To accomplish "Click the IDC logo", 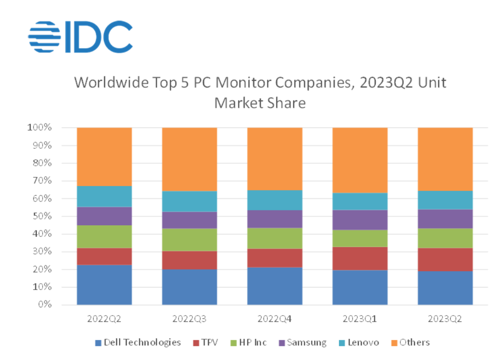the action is (80, 37).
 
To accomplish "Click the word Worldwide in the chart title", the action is (111, 82).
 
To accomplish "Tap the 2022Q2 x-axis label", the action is (104, 319).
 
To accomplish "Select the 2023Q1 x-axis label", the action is (360, 319).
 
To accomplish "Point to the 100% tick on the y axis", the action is (39, 128).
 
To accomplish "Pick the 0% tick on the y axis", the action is (44, 304).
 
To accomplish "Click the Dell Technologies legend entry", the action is (138, 343).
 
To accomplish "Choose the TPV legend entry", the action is (206, 343).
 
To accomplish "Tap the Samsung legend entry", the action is (303, 343).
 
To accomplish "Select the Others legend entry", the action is (411, 343).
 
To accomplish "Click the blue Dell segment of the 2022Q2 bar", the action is (104, 285).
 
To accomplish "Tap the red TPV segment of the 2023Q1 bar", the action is (360, 259).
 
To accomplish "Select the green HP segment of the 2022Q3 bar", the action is (190, 240).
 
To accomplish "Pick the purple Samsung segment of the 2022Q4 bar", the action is (275, 219).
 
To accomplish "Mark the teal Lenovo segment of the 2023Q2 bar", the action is (445, 200).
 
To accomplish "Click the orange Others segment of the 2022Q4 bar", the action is (275, 159).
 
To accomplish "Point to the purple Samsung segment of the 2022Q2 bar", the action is (104, 216).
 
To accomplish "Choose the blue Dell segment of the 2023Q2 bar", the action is (445, 288).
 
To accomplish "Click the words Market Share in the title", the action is (260, 103).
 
